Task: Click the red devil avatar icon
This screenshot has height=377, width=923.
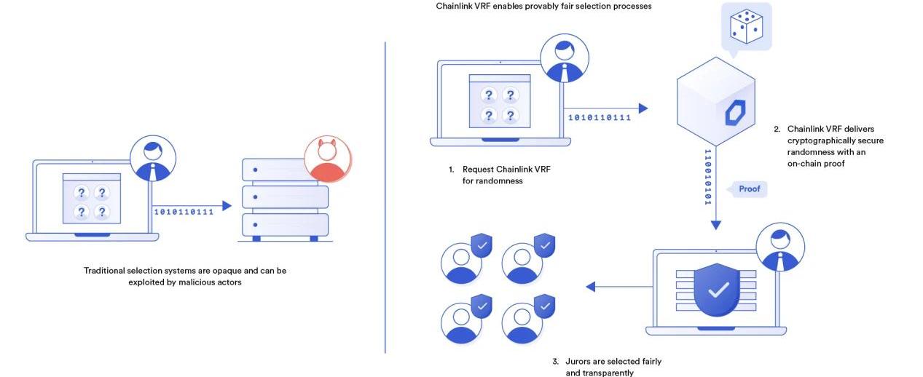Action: [327, 159]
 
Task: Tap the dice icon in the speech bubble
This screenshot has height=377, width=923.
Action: [746, 25]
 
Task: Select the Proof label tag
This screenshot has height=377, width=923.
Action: [749, 189]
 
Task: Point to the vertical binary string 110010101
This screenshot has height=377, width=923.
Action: [707, 177]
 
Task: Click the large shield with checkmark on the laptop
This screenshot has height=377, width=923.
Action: [718, 290]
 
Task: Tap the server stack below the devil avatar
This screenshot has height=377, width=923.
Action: [284, 201]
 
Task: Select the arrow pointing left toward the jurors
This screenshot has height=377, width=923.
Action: [619, 286]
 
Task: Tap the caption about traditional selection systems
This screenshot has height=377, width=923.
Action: [185, 276]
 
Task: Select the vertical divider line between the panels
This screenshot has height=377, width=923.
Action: [385, 197]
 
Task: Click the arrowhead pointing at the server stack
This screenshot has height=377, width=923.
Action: [227, 206]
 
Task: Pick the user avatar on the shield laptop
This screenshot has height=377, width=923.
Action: [780, 247]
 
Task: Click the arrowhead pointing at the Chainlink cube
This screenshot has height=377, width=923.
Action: [643, 108]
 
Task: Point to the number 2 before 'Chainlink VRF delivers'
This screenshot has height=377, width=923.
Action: [777, 130]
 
